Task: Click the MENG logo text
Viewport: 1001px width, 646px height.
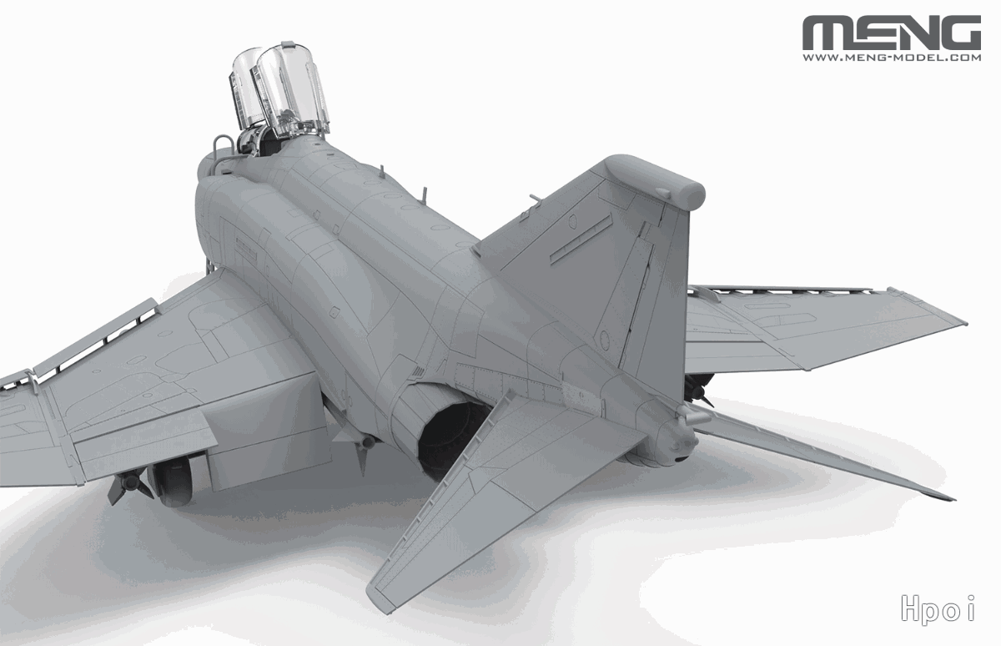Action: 892,33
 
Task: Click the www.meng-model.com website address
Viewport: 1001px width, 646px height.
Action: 892,58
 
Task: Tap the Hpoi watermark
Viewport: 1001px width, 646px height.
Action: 938,608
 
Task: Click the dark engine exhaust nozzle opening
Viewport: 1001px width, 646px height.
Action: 447,438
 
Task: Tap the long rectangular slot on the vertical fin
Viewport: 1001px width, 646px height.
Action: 581,239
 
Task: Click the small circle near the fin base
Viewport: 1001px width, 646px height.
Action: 605,341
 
